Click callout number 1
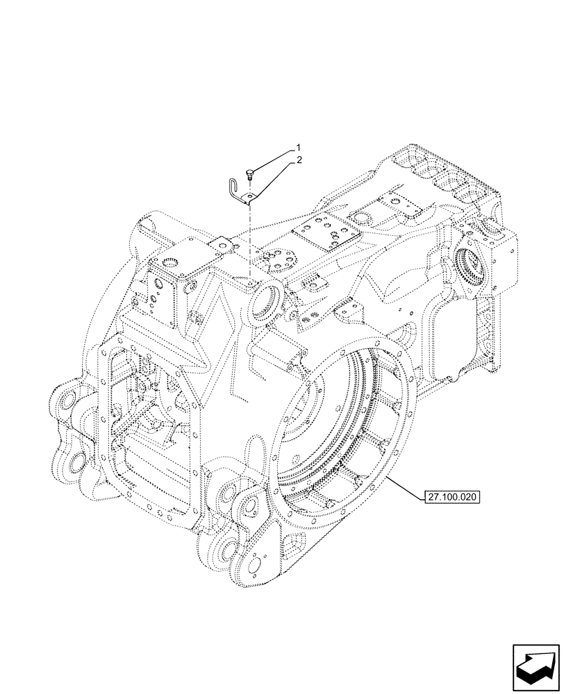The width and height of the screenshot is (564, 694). pos(298,148)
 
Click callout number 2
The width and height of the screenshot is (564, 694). pos(299,160)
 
